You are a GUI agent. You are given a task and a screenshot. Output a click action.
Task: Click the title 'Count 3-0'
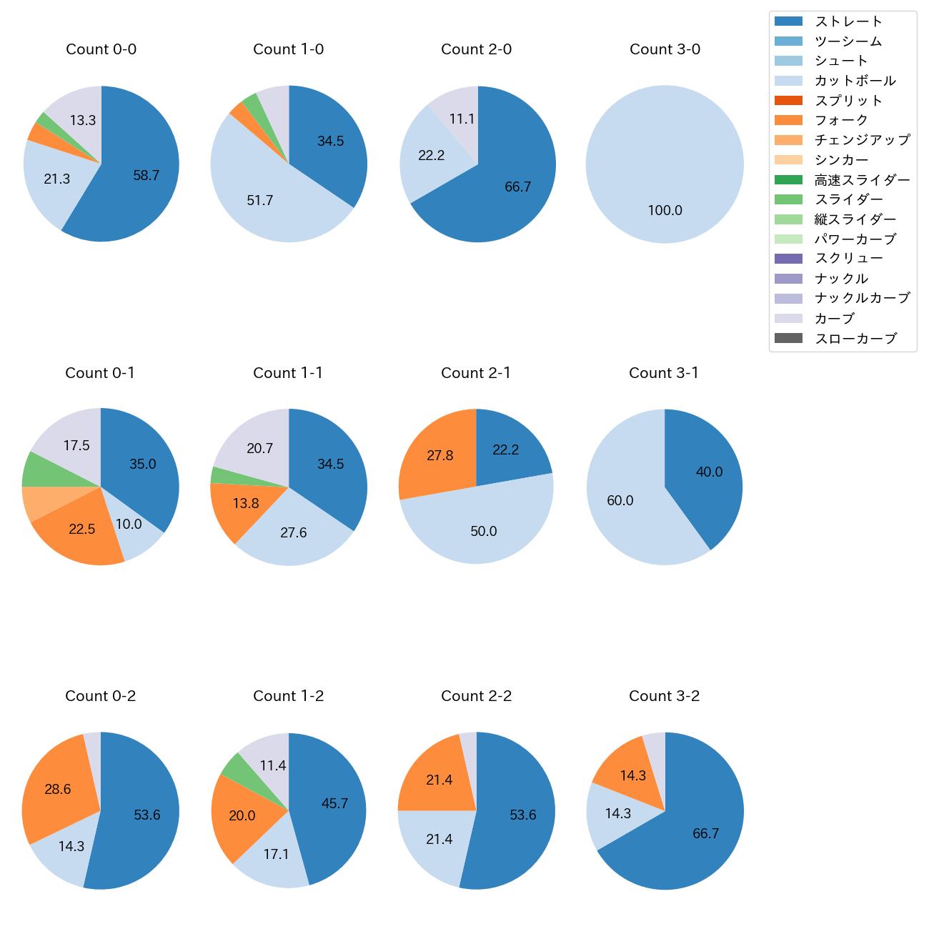pyautogui.click(x=665, y=49)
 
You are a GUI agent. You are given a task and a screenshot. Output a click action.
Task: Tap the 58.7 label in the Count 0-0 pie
pyautogui.click(x=146, y=176)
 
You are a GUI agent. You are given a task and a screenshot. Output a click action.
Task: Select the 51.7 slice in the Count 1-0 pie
pyautogui.click(x=260, y=201)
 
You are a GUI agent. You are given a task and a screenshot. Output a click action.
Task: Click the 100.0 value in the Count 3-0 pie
pyautogui.click(x=665, y=211)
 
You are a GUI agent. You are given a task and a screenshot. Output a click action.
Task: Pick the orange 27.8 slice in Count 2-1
pyautogui.click(x=440, y=456)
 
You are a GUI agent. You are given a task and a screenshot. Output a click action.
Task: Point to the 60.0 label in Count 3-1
pyautogui.click(x=620, y=501)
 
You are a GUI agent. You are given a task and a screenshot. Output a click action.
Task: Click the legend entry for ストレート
pyautogui.click(x=848, y=21)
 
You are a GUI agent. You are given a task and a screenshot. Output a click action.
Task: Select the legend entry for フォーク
pyautogui.click(x=841, y=120)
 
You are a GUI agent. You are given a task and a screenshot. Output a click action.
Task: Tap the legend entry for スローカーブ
pyautogui.click(x=855, y=339)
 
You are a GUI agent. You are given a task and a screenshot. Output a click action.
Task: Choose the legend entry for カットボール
pyautogui.click(x=855, y=81)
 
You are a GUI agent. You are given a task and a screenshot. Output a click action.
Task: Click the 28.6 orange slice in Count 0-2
pyautogui.click(x=58, y=790)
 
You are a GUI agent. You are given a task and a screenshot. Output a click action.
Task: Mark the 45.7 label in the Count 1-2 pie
pyautogui.click(x=334, y=804)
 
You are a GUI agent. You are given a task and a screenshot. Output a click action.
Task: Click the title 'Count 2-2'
pyautogui.click(x=477, y=696)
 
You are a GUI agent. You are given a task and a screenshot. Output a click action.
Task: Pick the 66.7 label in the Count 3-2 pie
pyautogui.click(x=705, y=834)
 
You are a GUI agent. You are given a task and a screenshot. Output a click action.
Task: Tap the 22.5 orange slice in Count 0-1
pyautogui.click(x=82, y=530)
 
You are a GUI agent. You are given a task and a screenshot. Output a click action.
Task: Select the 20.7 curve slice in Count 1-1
pyautogui.click(x=259, y=449)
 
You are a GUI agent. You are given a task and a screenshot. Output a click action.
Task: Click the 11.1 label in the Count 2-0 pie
pyautogui.click(x=462, y=119)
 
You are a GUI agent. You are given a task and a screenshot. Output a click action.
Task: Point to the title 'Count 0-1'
pyautogui.click(x=100, y=373)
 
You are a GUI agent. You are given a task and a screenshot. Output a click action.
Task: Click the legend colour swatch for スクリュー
pyautogui.click(x=788, y=259)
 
